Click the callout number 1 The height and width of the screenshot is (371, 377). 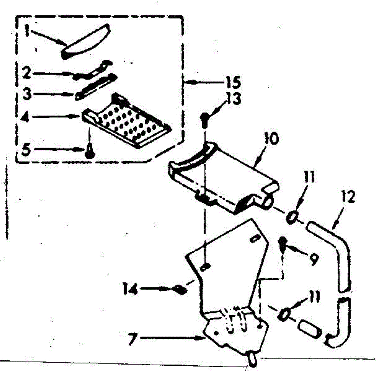(28, 31)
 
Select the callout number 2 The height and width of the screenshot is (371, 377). (27, 74)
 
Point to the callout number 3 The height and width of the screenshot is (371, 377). (27, 94)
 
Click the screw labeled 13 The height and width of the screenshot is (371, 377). (203, 119)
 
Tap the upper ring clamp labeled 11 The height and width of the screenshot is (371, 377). (291, 217)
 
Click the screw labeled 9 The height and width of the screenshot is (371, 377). (282, 243)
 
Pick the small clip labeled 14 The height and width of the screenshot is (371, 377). (180, 289)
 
